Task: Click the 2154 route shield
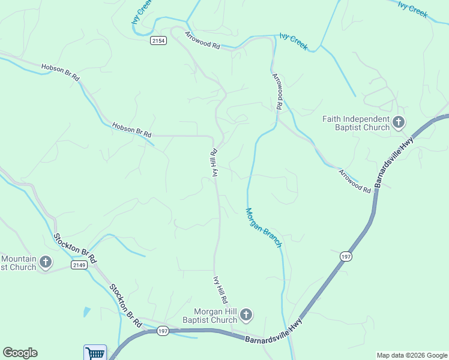158,40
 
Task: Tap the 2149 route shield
79,265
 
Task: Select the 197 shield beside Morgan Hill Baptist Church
163,331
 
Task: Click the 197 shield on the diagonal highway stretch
346,256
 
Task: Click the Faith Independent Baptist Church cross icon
398,123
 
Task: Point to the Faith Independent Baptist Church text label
356,123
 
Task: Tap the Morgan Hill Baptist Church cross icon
246,315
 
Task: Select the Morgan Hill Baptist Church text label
215,316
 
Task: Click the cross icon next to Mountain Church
45,262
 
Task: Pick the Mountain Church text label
19,263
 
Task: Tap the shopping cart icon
95,353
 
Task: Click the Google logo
20,353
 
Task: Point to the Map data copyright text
412,355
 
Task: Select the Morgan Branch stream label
263,227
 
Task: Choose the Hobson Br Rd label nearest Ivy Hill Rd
131,129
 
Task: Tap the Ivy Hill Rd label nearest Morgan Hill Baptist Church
221,289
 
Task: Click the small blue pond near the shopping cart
87,311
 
